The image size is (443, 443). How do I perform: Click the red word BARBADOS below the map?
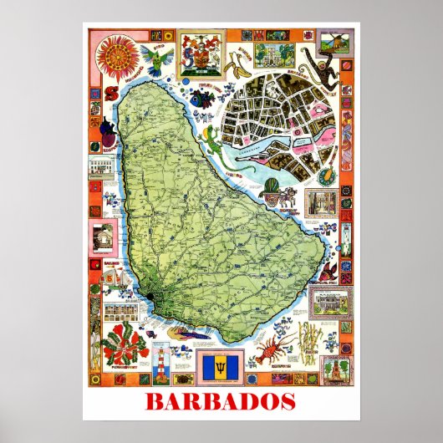221,402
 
